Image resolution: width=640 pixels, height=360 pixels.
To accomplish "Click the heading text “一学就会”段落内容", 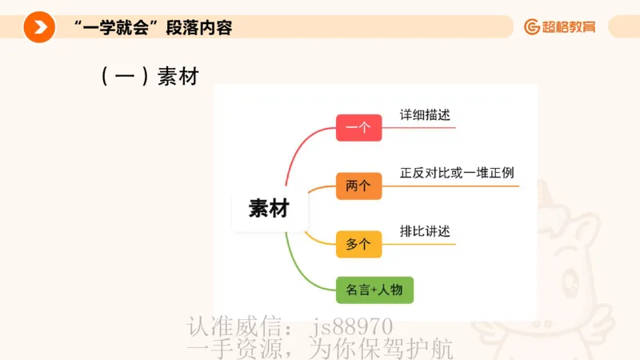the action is pos(152,28).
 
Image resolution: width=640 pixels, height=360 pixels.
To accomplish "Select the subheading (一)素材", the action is pos(149,77).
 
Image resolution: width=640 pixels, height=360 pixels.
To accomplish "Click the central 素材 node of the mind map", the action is pos(268,209).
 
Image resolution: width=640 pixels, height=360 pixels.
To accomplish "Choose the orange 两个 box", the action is pos(358,186).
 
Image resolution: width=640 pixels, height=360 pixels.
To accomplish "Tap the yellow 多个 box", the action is pos(358,244).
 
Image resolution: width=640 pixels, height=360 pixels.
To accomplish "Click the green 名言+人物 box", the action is pos(374,290).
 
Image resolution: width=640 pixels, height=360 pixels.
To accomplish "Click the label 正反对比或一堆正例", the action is pos(457,173).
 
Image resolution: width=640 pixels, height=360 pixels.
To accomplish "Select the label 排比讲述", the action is pos(425,231).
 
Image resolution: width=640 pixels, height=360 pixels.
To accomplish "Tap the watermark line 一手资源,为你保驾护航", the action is pos(320,349).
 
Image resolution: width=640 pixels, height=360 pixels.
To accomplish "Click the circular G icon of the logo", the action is pos(532,27).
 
